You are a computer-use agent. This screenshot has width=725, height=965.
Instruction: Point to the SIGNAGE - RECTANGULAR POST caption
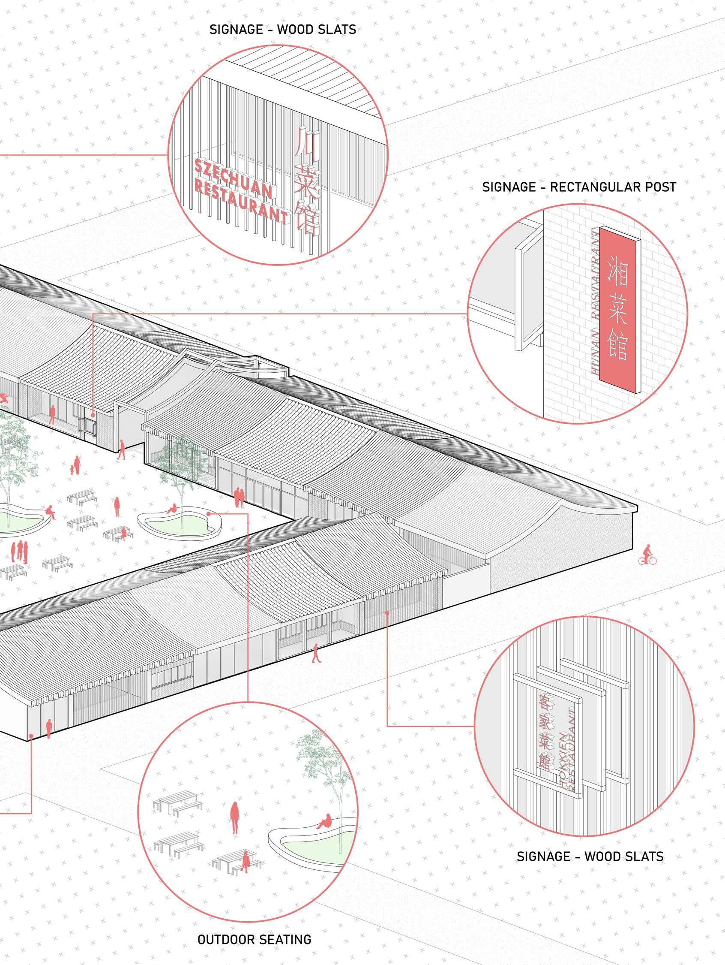tap(579, 187)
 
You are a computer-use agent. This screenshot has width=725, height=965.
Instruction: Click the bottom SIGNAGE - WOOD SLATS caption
tap(590, 856)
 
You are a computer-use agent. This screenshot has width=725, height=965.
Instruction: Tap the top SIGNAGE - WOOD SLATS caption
tap(282, 30)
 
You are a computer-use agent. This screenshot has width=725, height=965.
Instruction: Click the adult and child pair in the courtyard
tap(75, 466)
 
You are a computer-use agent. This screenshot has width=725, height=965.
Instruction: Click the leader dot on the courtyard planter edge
tap(209, 514)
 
